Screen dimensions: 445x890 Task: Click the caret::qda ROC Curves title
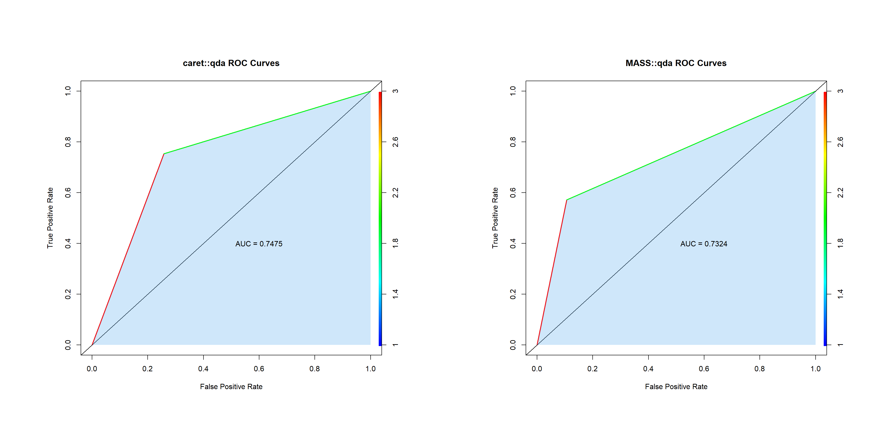231,63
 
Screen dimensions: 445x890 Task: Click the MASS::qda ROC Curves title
676,63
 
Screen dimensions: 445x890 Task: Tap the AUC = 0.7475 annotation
259,244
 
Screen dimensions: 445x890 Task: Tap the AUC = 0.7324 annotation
704,244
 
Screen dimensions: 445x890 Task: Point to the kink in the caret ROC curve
164,154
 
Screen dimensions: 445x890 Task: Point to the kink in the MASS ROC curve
567,200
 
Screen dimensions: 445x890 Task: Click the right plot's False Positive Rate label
676,387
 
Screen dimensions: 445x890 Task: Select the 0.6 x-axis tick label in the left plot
259,369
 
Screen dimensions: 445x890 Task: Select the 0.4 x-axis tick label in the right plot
648,369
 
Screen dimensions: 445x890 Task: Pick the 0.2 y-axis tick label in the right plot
513,294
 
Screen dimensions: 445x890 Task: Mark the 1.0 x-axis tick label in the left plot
370,369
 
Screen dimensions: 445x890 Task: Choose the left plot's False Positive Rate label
231,387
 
